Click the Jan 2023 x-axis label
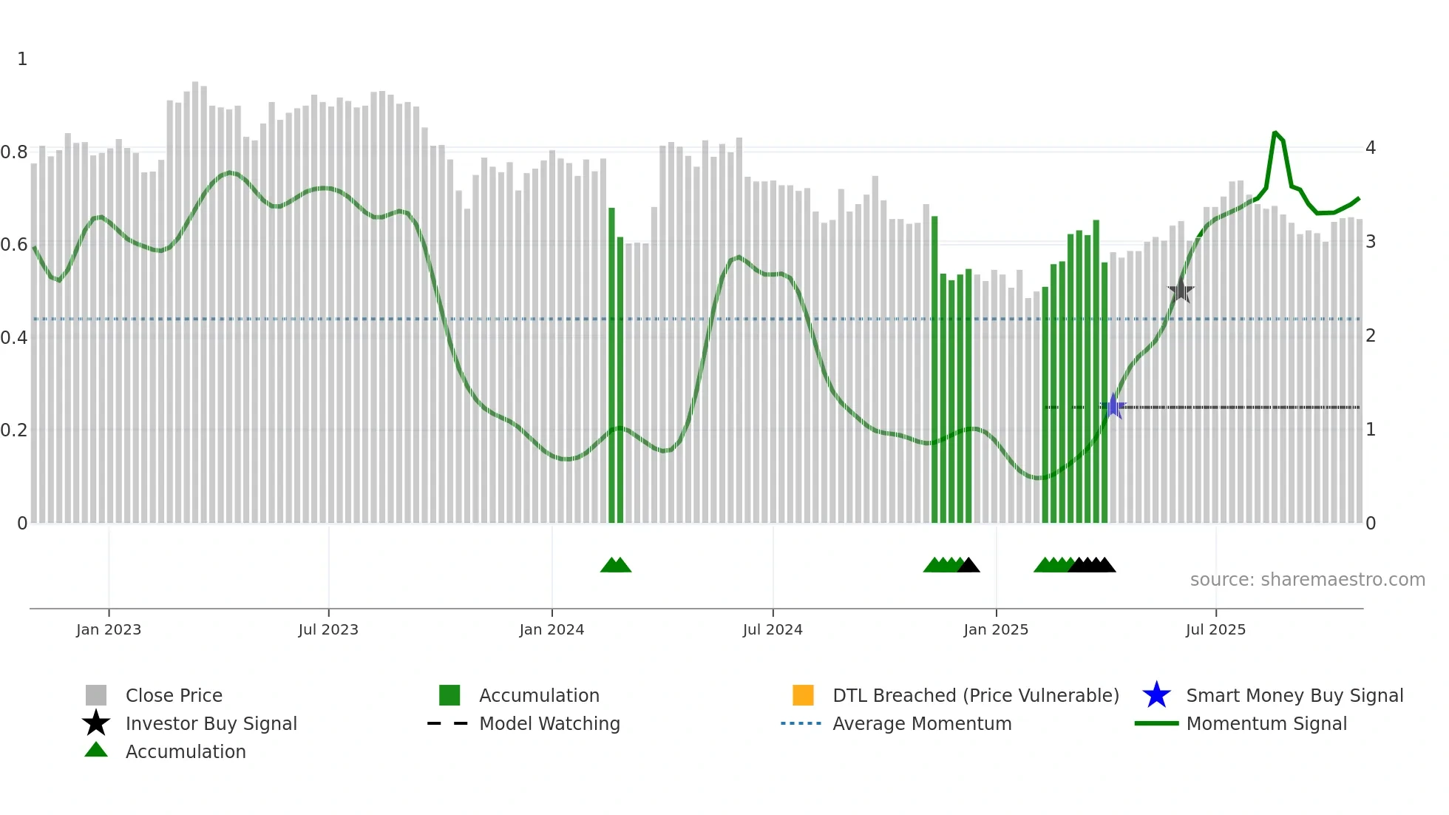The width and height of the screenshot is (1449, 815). [108, 629]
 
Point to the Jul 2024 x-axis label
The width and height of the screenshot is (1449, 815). [772, 629]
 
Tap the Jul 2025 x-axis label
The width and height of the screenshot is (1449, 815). [1215, 629]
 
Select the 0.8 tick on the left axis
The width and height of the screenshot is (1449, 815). [14, 152]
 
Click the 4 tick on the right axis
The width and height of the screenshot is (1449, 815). [1370, 148]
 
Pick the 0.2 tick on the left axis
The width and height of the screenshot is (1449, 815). [14, 430]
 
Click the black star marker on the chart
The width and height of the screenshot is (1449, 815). [1181, 291]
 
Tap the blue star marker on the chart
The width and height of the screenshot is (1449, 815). [1113, 406]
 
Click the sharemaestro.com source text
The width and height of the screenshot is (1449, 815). [1307, 580]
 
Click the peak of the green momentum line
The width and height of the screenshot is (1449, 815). [1275, 133]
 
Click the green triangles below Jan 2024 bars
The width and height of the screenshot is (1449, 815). [616, 565]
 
